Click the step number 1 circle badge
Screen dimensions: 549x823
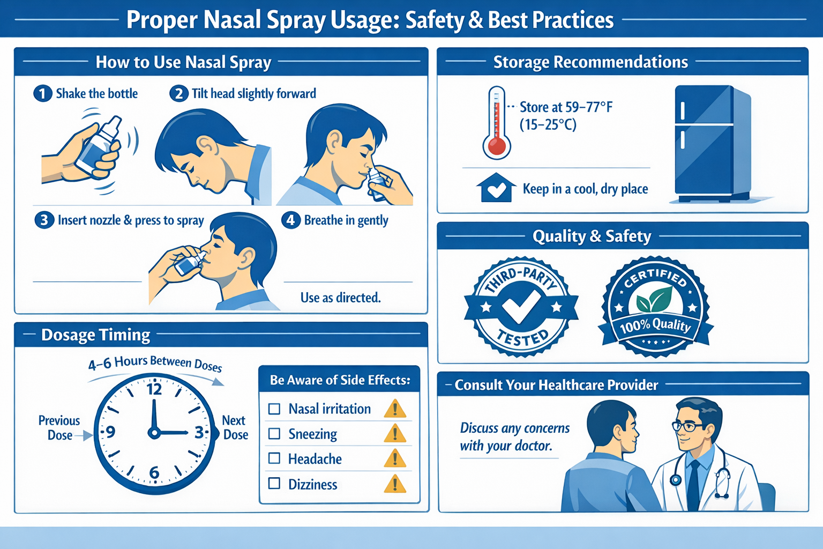click(x=42, y=94)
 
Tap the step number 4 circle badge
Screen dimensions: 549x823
click(x=290, y=220)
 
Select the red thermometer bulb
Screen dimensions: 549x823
click(x=497, y=146)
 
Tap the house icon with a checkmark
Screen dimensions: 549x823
click(x=496, y=188)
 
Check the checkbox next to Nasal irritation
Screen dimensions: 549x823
click(x=274, y=409)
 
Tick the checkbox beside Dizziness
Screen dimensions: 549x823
click(x=274, y=484)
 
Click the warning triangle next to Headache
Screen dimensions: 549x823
click(x=395, y=459)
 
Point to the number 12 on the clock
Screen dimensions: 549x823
click(x=154, y=389)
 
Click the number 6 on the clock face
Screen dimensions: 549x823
click(x=154, y=472)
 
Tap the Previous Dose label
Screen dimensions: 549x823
click(x=59, y=428)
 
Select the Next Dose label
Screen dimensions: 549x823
click(x=235, y=428)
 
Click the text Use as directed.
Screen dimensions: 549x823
click(x=340, y=298)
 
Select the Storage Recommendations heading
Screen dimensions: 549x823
click(x=590, y=62)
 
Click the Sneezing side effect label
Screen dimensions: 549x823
click(x=312, y=434)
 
